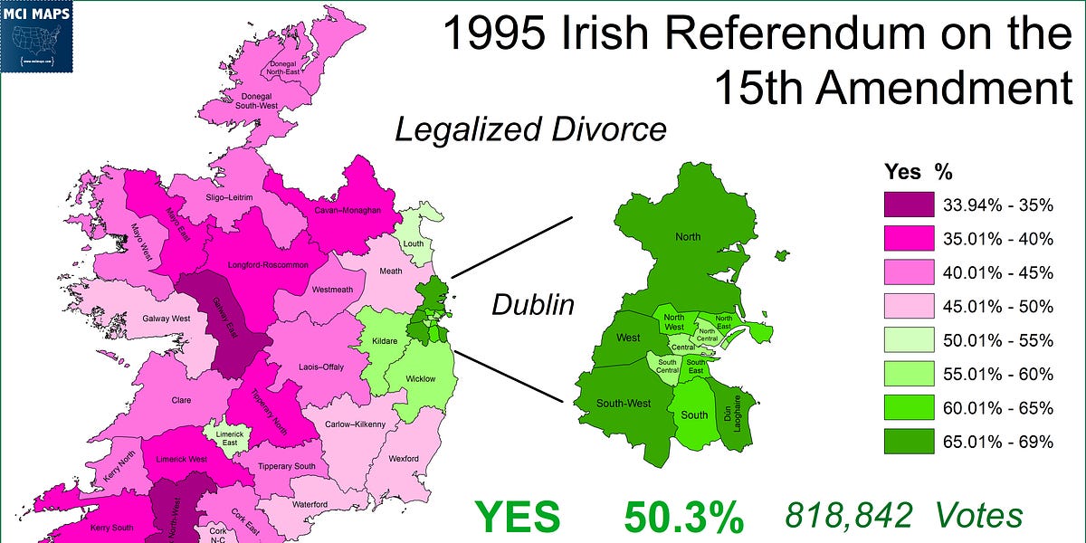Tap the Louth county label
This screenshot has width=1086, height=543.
[x=413, y=243]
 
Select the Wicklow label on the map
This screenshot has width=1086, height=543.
[x=420, y=379]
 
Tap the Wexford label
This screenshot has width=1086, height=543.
[x=404, y=459]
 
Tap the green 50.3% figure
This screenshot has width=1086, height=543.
[x=683, y=519]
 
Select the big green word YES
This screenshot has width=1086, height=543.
[x=518, y=519]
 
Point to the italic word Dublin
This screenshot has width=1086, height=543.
[x=532, y=305]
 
